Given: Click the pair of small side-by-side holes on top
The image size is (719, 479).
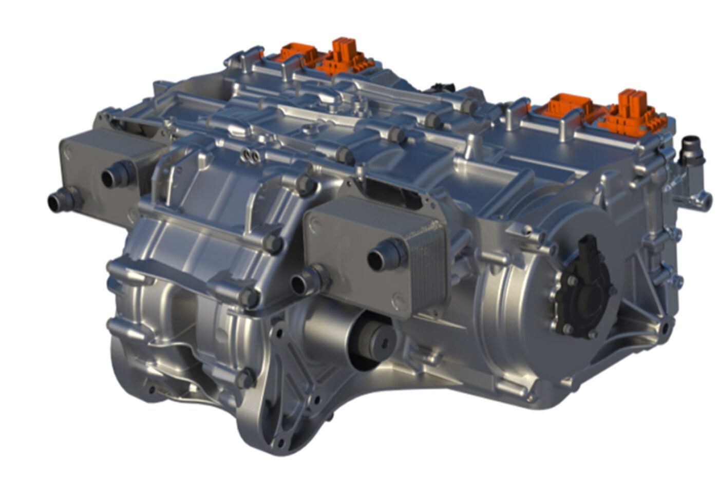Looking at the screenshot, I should (x=250, y=155).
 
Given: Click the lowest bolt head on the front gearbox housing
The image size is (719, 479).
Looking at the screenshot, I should (x=245, y=379).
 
